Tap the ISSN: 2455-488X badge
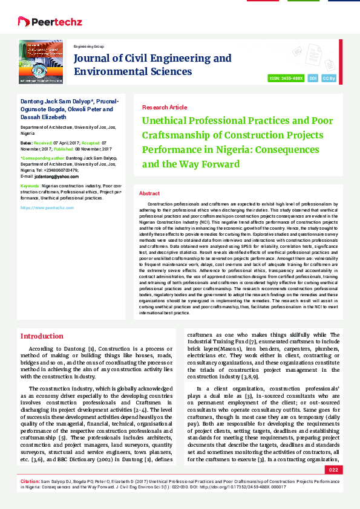[x=286, y=79]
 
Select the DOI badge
[x=313, y=79]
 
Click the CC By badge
[x=329, y=79]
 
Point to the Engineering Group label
[x=88, y=47]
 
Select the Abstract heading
[x=149, y=193]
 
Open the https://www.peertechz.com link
[x=47, y=207]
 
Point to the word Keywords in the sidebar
[x=30, y=186]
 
